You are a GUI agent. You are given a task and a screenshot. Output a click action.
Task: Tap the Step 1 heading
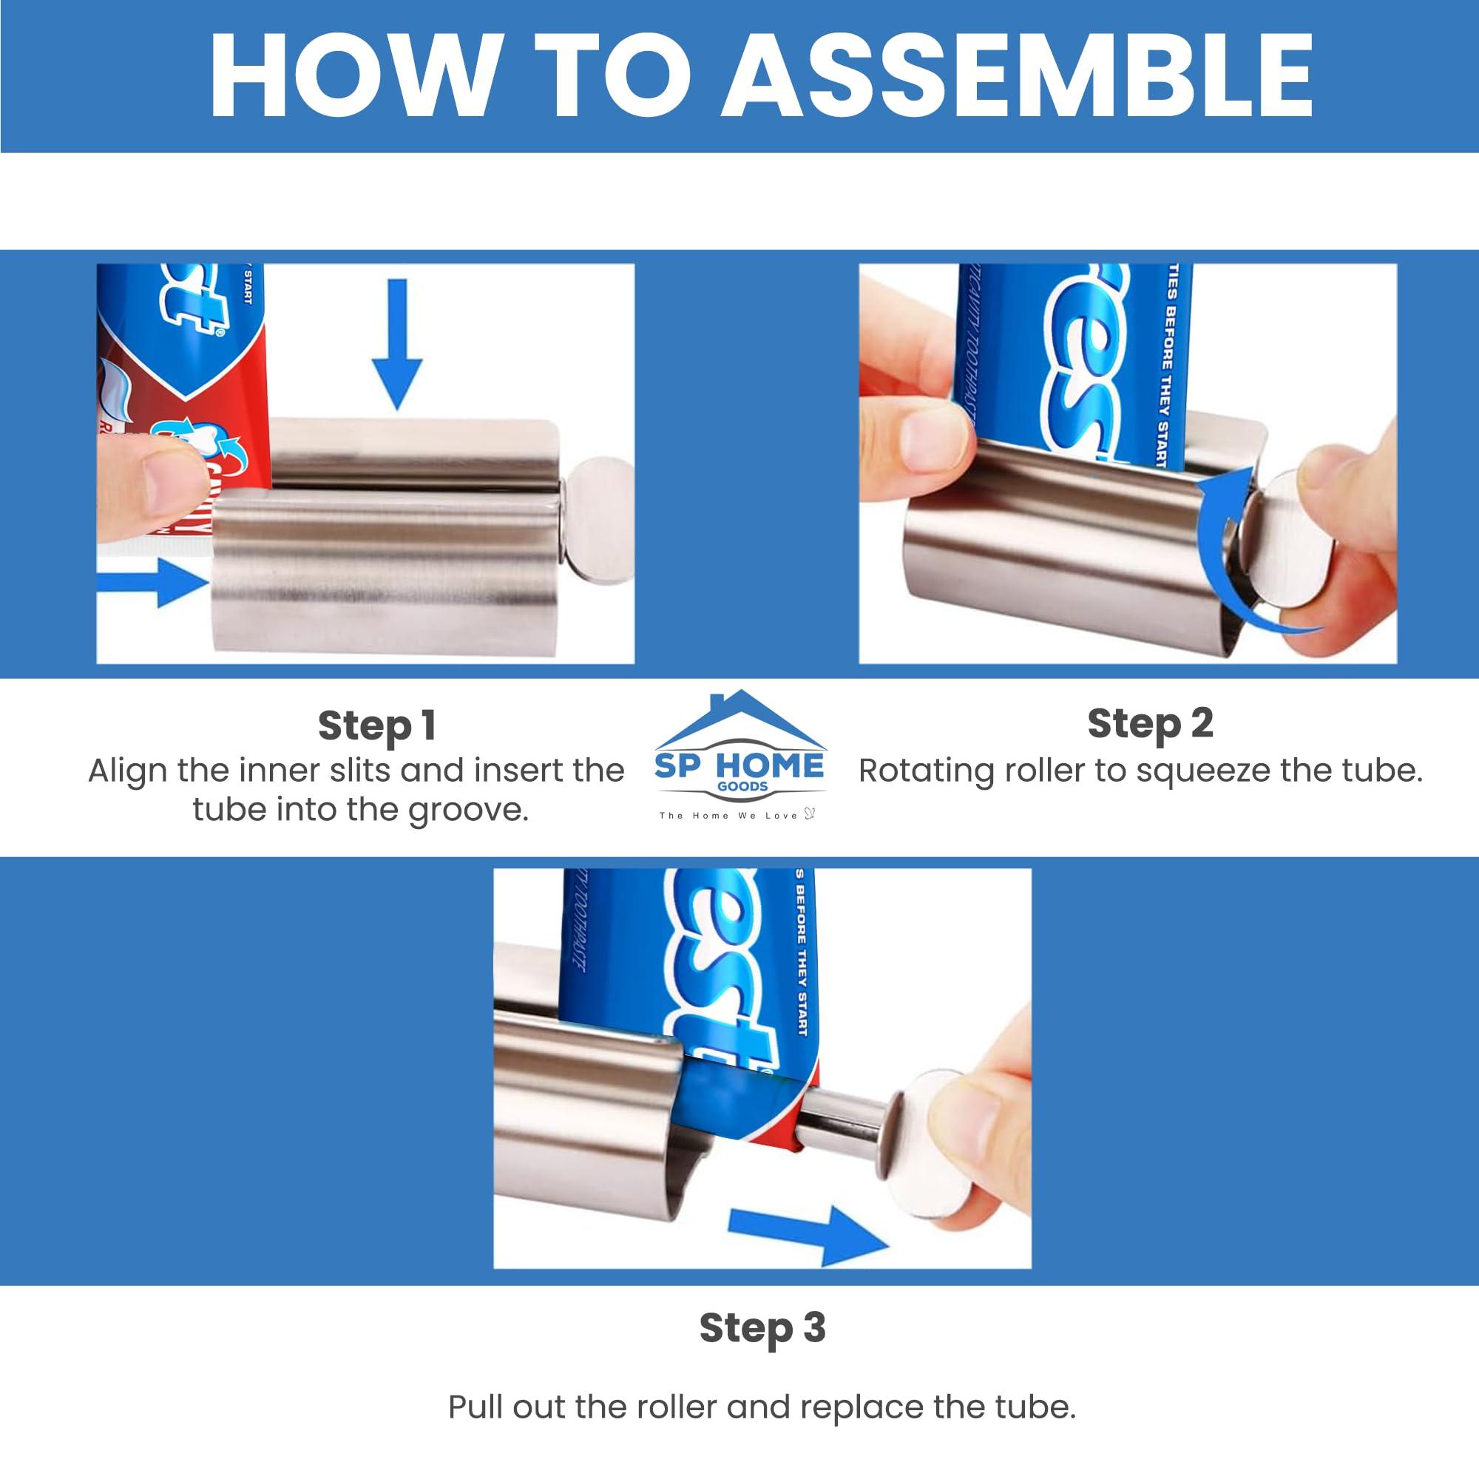[x=376, y=725]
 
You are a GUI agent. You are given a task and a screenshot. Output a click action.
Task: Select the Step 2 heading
[x=1151, y=722]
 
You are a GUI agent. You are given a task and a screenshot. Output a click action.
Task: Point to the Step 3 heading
[x=762, y=1327]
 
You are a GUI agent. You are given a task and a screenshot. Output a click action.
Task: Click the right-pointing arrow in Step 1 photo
[x=153, y=582]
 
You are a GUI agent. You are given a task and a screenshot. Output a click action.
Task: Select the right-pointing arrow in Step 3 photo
[x=811, y=1233]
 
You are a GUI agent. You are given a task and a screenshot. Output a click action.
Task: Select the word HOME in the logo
[x=770, y=765]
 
